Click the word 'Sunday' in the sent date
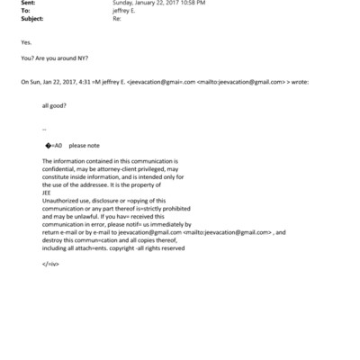point(124,3)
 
